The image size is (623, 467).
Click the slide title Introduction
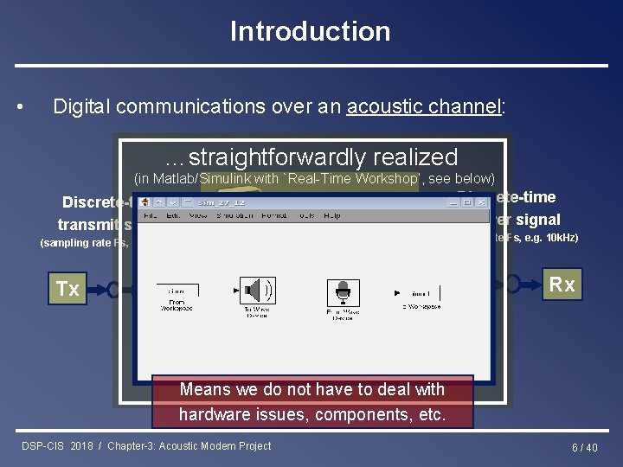pos(310,31)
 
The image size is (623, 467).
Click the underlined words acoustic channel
pos(422,106)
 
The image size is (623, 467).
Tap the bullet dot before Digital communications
pos(20,107)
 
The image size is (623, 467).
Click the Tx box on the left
pos(67,289)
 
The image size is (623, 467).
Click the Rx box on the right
pos(562,285)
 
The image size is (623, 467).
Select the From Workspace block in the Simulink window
pos(177,295)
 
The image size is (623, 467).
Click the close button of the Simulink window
pos(482,202)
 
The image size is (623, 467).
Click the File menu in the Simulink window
pos(150,214)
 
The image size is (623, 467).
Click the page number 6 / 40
pos(584,447)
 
